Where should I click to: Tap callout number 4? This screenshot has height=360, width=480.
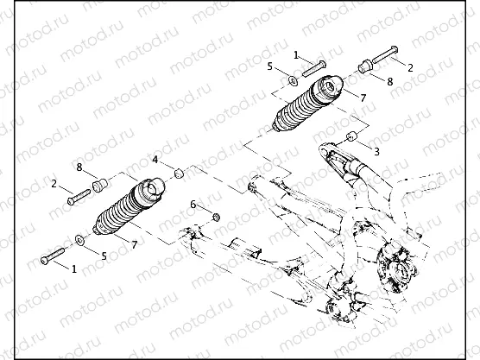(156, 161)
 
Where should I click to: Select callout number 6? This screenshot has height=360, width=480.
(193, 204)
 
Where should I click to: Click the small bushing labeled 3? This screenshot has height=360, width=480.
(352, 136)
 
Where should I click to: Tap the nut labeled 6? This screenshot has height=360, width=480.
(216, 215)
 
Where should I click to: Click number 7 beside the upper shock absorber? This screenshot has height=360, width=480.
(363, 98)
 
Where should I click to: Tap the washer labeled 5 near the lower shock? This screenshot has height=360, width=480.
(79, 238)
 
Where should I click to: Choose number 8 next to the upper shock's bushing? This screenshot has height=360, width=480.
(389, 82)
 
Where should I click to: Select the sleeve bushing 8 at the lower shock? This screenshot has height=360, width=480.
(99, 184)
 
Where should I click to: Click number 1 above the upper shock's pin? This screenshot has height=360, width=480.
(295, 54)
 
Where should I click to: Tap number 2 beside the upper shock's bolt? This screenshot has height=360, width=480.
(410, 66)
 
